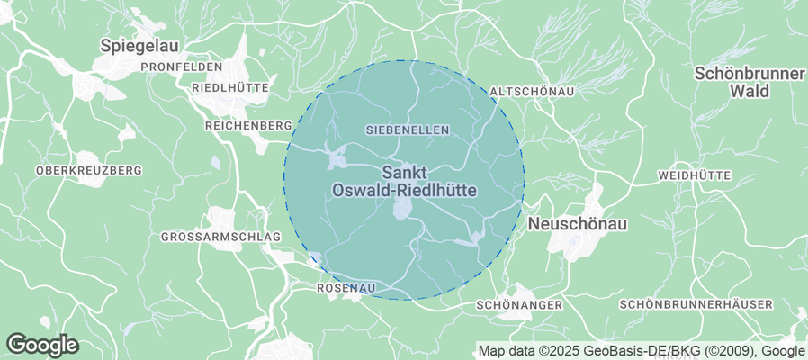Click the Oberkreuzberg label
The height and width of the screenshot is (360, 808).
pyautogui.click(x=88, y=170)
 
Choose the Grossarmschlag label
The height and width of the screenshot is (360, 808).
pyautogui.click(x=220, y=237)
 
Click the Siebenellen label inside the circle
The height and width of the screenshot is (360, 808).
pyautogui.click(x=408, y=130)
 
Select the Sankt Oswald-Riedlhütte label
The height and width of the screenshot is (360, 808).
pyautogui.click(x=404, y=181)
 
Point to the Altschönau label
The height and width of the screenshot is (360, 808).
pyautogui.click(x=532, y=92)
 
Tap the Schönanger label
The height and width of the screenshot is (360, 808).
pyautogui.click(x=518, y=305)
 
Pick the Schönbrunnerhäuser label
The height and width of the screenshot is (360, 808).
pyautogui.click(x=696, y=305)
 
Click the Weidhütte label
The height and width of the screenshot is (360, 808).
pyautogui.click(x=695, y=175)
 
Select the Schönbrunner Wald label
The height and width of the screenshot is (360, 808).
pyautogui.click(x=749, y=82)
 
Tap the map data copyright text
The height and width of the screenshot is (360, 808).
pyautogui.click(x=641, y=351)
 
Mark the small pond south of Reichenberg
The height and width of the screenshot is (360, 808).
pyautogui.click(x=215, y=163)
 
